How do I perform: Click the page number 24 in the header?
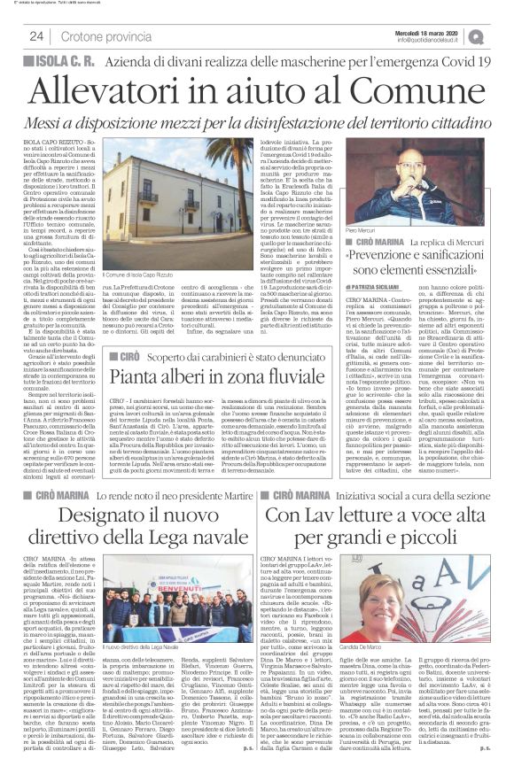pyautogui.click(x=37, y=36)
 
